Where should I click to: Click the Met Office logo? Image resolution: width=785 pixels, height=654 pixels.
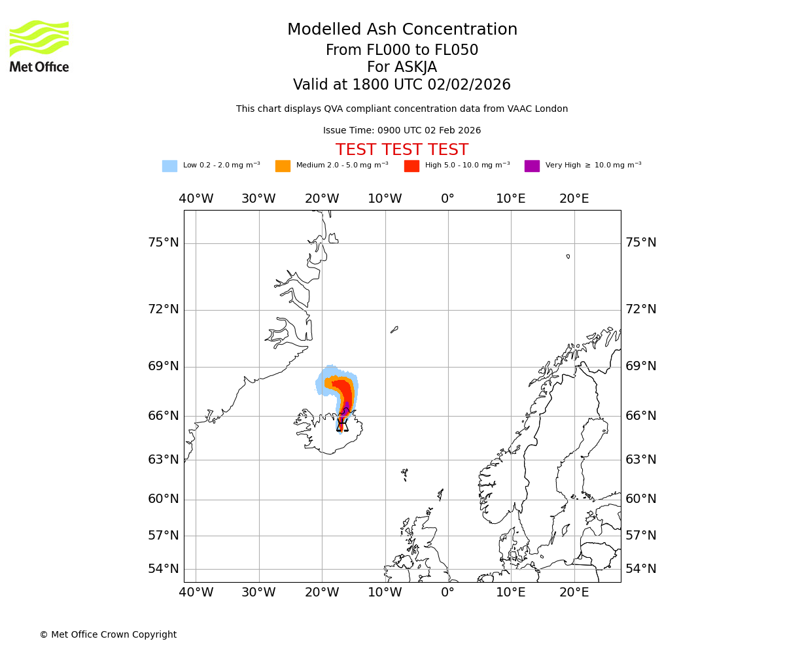coord(39,46)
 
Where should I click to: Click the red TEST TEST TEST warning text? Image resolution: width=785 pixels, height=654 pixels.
coord(402,150)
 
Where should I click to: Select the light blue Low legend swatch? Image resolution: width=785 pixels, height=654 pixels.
coord(169,166)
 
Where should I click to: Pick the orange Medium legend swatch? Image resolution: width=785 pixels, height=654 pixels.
coord(283,166)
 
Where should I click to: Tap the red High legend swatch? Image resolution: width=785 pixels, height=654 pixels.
coord(411,166)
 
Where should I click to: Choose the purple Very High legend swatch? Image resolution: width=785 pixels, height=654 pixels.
coord(532,166)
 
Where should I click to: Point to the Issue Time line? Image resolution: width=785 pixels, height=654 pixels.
coord(402,131)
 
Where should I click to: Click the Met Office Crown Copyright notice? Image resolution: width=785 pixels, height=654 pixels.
coord(108,634)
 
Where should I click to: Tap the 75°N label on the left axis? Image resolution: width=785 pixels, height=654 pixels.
coord(164,243)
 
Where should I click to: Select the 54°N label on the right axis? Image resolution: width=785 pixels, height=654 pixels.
coord(640,568)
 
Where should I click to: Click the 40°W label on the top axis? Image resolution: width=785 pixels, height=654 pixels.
coord(196,199)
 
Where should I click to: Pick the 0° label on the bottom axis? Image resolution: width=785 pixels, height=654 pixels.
coord(447,593)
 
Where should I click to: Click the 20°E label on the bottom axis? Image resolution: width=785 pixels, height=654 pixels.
coord(574,593)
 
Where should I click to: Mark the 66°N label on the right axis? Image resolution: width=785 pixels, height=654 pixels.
coord(640,416)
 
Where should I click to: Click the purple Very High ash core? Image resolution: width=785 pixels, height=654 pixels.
coord(345,410)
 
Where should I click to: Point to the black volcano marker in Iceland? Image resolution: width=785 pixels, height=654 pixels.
coord(341,426)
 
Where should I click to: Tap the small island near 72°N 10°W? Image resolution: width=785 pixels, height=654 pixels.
coord(394,330)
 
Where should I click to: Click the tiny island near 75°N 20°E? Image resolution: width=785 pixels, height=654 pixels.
coord(568,256)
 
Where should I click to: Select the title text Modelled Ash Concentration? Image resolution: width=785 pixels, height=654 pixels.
coord(402,30)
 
